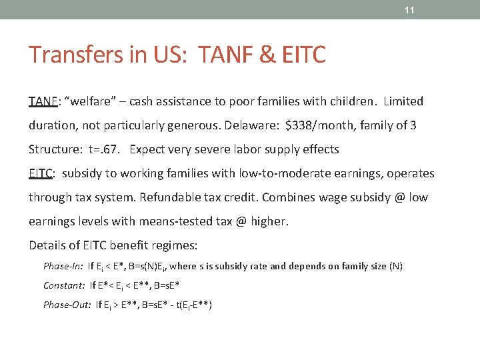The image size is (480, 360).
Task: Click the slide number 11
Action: click(410, 10)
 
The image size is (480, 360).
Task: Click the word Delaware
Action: click(253, 125)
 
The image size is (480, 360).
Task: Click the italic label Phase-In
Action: click(63, 266)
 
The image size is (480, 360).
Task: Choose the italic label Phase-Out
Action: click(67, 305)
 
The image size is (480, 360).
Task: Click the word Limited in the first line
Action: click(400, 101)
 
